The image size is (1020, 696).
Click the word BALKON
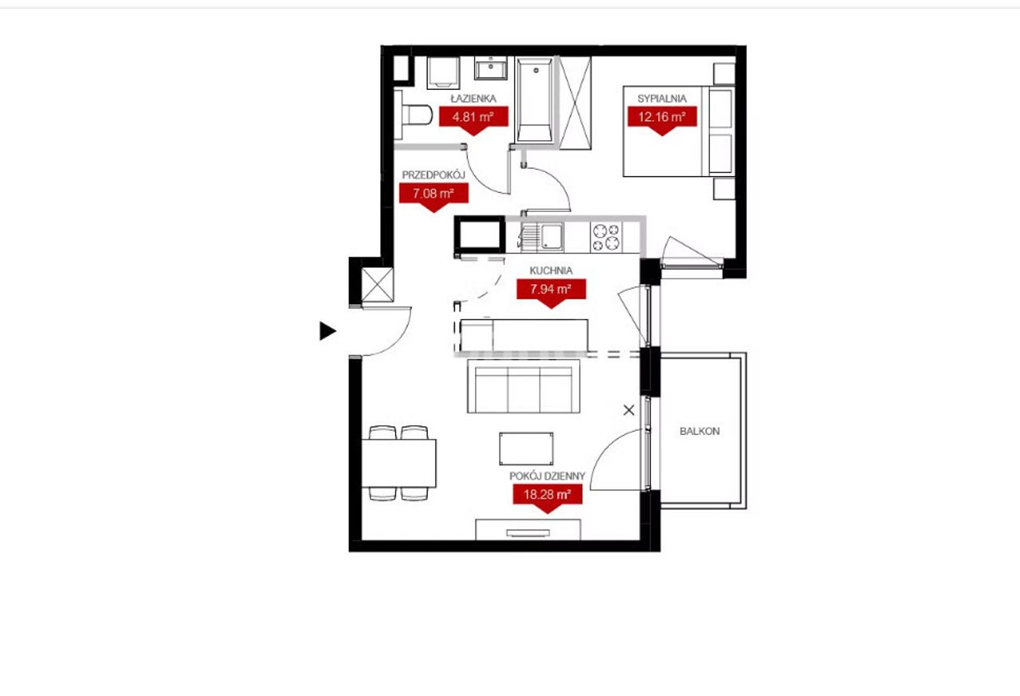pos(700,432)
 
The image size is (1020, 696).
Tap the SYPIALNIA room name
pos(661,98)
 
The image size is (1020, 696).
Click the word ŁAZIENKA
pos(473,98)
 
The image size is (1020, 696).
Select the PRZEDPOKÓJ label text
pos(433,174)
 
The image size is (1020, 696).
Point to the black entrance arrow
pos(328,330)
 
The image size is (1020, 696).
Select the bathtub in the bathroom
pos(535,100)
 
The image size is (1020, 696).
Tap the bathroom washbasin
pos(491,68)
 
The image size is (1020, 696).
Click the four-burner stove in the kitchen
pos(606,237)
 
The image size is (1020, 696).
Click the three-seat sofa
pos(524,386)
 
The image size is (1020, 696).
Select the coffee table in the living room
pos(527,448)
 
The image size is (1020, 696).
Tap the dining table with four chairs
pos(399,463)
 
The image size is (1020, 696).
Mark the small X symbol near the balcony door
pos(629,410)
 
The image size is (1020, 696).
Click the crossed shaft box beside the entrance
pos(378,285)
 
